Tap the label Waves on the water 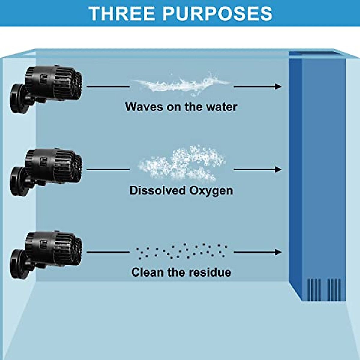[181, 107]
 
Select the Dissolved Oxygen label [181, 190]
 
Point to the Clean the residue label [181, 272]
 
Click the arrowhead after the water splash [278, 87]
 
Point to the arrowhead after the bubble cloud [278, 169]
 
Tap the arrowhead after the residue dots [278, 252]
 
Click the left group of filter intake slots [314, 290]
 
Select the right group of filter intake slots [334, 290]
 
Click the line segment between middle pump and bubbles [108, 169]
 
